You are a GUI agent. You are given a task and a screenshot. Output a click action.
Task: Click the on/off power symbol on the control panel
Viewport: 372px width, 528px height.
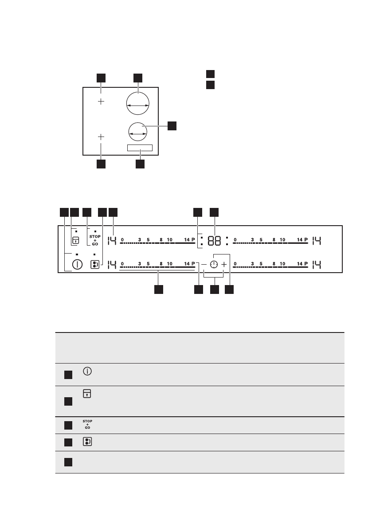tap(78, 265)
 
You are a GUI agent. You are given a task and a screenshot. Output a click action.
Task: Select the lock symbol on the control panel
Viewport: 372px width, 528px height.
tap(76, 241)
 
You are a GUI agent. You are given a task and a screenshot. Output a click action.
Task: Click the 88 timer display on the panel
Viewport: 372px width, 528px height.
tap(215, 241)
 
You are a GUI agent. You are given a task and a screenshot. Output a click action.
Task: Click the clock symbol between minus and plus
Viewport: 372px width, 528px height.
tap(214, 265)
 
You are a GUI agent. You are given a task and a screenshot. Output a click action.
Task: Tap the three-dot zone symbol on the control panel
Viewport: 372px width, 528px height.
tap(94, 265)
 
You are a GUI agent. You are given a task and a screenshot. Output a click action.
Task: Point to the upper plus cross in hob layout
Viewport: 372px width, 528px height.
tap(101, 102)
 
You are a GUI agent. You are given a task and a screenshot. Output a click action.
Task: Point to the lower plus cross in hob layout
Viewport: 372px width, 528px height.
tap(101, 137)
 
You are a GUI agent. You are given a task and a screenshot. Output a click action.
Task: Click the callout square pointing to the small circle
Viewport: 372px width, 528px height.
tap(172, 125)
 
